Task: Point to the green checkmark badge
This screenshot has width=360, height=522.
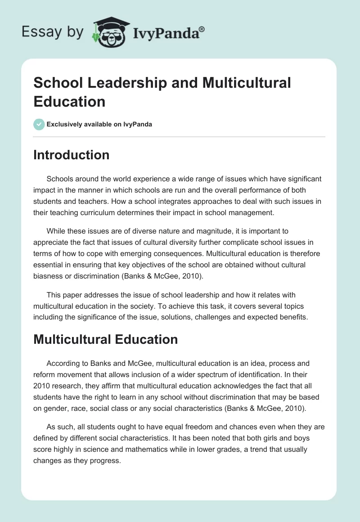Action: tap(39, 124)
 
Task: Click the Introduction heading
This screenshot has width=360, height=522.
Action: tap(71, 155)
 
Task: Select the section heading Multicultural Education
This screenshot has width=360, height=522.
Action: tap(105, 339)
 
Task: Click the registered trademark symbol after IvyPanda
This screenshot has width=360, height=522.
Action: tap(202, 28)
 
